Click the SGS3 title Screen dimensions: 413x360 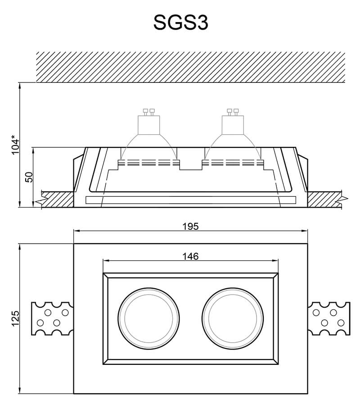click(x=180, y=22)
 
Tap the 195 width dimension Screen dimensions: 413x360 click(x=190, y=226)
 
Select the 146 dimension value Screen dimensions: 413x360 click(x=190, y=256)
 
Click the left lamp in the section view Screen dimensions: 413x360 click(x=148, y=135)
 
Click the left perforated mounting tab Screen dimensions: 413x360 click(x=52, y=318)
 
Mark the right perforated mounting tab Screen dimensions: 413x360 click(x=329, y=318)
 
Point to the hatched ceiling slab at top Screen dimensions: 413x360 click(x=190, y=67)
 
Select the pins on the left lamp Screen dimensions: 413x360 click(x=148, y=111)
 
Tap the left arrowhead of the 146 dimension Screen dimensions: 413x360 click(x=106, y=260)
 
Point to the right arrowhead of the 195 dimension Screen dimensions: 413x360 click(x=305, y=231)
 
